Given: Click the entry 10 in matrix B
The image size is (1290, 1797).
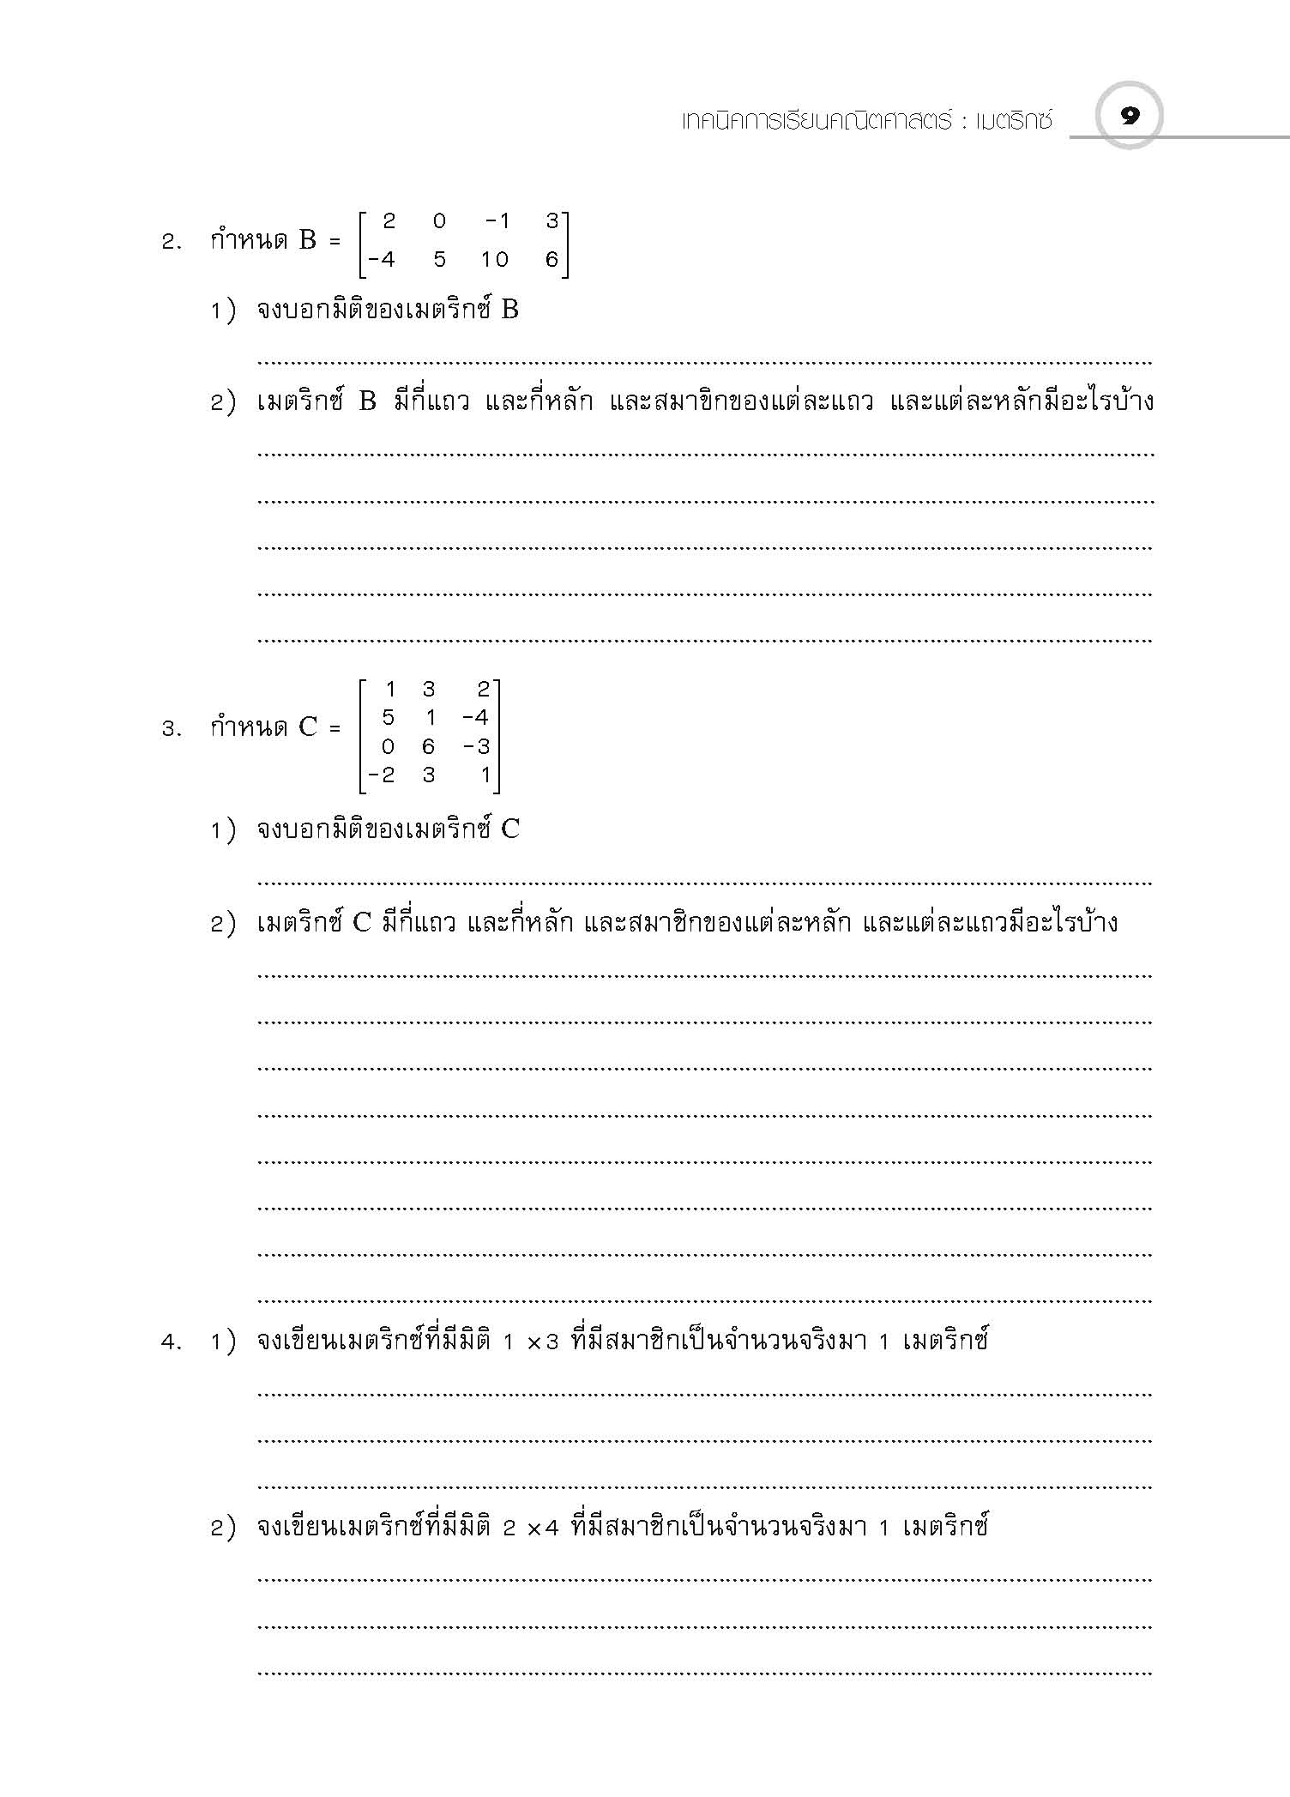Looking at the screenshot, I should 494,259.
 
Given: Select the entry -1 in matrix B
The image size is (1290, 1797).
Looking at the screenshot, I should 497,221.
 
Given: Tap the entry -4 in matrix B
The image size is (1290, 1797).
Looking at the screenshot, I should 381,259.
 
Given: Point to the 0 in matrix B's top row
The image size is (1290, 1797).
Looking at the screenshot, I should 439,221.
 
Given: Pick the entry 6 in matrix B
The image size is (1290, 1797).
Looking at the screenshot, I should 551,259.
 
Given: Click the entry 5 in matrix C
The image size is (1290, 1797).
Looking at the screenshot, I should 388,717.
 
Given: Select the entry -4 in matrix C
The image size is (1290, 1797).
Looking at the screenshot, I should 474,717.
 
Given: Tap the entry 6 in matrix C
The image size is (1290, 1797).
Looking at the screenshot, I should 428,746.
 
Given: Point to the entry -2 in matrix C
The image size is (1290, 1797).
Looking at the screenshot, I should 382,775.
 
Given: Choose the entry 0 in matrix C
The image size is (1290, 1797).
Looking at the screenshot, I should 388,746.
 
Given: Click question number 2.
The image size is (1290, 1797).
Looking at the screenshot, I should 171,243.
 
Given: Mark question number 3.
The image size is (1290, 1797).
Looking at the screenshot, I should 171,730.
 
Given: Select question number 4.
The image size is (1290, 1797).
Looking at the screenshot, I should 171,1342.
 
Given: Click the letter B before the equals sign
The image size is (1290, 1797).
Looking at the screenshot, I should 308,241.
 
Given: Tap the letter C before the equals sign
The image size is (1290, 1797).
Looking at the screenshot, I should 308,728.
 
